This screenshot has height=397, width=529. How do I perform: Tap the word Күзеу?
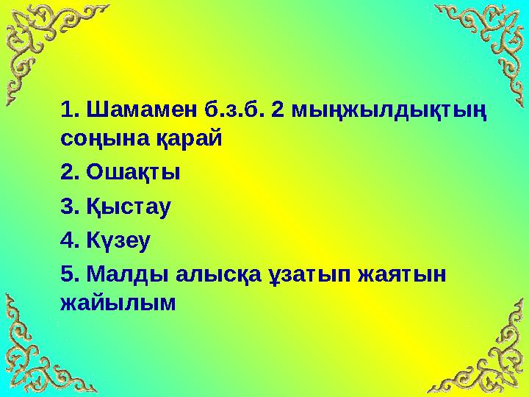pyautogui.click(x=121, y=239)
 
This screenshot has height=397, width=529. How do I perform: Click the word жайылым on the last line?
pyautogui.click(x=119, y=301)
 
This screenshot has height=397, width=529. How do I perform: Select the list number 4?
pyautogui.click(x=68, y=239)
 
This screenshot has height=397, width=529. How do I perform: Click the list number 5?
pyautogui.click(x=68, y=273)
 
